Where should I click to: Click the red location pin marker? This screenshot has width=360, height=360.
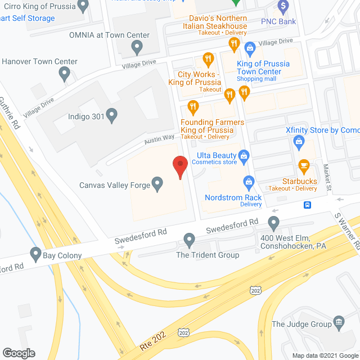point(179,167)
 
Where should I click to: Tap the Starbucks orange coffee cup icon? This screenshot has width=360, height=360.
point(304,165)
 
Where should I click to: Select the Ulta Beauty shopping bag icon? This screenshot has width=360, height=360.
point(244,155)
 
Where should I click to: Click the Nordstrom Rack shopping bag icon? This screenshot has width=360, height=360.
point(248,181)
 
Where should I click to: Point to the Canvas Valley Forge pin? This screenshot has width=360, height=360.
point(158,183)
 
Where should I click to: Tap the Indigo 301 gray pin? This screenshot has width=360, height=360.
point(112,116)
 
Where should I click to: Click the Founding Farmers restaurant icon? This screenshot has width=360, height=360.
point(193,106)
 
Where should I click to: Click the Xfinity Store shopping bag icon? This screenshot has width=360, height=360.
point(298,143)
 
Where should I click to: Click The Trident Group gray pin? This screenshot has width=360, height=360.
point(190,241)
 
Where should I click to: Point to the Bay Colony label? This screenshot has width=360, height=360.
point(62,255)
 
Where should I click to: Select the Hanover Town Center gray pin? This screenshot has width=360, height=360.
point(65,73)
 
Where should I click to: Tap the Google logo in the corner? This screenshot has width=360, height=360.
point(19,353)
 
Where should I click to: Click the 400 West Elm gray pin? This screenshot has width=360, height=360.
point(274,224)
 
